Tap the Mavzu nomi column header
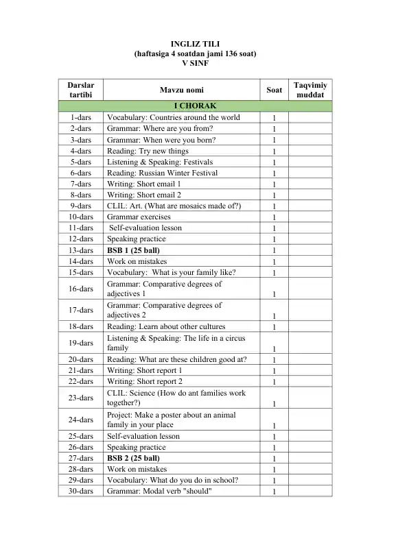pos(181,90)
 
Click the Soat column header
pos(274,90)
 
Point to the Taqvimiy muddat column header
pos(310,90)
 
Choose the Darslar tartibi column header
pos(82,90)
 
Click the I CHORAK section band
pos(195,106)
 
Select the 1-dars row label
pos(82,117)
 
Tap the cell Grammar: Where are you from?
pos(160,128)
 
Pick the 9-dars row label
pos(82,206)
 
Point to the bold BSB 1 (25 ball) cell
pos(133,250)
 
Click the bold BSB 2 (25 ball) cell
pos(133,458)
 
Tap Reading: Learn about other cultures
pos(166,326)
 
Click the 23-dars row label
pos(82,398)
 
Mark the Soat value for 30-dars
pos(274,492)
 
